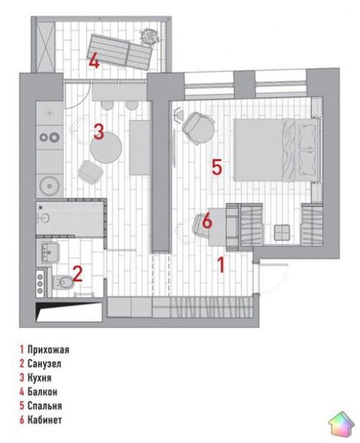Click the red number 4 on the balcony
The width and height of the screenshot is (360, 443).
coord(94,62)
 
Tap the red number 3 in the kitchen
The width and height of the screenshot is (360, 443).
coord(99,131)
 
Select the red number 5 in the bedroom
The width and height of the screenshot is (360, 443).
coord(217,167)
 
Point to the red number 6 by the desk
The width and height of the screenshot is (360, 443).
coord(207,220)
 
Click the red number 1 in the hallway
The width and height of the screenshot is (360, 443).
coord(221,265)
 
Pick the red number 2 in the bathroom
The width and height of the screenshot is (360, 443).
coord(77,274)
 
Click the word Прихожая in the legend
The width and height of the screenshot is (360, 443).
coord(48,350)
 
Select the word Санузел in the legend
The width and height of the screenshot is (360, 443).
coord(45,364)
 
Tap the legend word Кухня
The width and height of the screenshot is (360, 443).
coord(40,377)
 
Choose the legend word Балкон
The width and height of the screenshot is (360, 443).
coord(42,392)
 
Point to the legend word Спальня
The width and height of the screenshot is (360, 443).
coord(45,406)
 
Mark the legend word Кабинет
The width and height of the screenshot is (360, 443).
coord(45,420)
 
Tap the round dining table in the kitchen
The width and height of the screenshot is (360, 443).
coord(106,148)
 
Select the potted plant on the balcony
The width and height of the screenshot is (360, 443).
coord(148,36)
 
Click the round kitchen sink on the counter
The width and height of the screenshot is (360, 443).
coord(50,186)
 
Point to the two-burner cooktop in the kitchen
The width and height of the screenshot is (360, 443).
coord(50,138)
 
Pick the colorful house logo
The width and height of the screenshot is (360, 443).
coord(341,424)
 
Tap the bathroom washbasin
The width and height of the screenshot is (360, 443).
coord(50,252)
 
